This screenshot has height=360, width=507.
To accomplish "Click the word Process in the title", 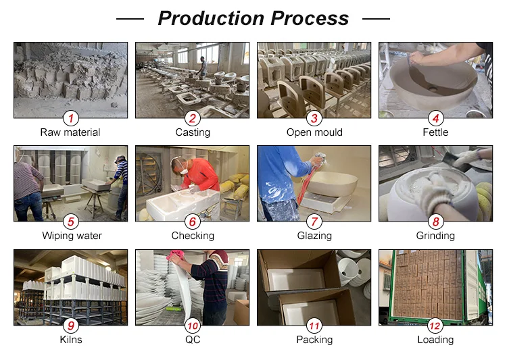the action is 310,18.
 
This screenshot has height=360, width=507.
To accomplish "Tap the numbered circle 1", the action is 71,118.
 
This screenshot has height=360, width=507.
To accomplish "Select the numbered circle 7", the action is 314,222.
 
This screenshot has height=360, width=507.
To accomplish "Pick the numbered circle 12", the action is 435,326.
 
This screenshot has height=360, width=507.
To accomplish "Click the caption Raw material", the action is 70,132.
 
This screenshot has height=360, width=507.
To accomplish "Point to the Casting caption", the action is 193,132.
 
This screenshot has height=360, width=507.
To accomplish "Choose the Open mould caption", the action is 314,132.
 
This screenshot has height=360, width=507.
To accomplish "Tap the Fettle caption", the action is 435,132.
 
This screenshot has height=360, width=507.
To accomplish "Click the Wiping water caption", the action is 72,236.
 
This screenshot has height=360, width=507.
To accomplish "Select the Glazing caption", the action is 314,236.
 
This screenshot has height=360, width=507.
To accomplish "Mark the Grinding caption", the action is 435,236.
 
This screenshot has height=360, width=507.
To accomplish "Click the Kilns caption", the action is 71,340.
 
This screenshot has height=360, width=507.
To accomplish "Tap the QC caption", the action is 193,340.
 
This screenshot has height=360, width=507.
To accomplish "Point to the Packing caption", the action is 314,340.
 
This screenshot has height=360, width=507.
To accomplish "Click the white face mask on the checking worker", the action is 183,170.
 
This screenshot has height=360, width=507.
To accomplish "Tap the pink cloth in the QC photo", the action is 175,255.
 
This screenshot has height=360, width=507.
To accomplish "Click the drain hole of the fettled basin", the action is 433,88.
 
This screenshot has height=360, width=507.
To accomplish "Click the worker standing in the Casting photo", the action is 203,67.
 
